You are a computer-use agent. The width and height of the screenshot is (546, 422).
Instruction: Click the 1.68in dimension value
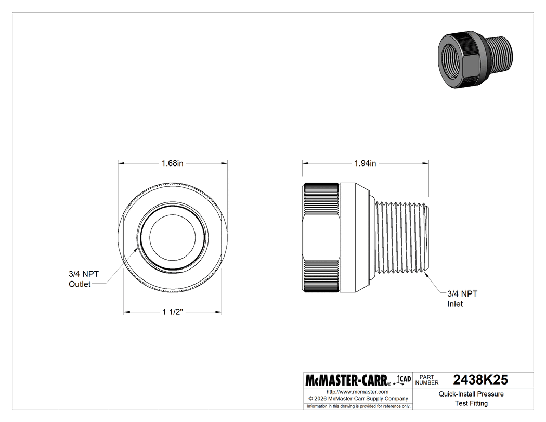pos(172,163)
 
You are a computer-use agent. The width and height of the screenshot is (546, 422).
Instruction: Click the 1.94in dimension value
pos(365,163)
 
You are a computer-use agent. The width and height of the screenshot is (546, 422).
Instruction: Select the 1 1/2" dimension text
pos(172,312)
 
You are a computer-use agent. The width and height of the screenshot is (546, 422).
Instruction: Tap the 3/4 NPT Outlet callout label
pos(83,279)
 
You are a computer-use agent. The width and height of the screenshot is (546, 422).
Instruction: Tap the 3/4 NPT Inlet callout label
pos(462,299)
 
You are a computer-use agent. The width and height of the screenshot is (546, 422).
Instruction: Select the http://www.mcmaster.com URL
pos(357,391)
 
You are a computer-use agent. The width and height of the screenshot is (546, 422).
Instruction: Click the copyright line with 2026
pos(357,398)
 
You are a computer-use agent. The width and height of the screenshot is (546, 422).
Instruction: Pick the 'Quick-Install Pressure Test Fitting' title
pos(471,399)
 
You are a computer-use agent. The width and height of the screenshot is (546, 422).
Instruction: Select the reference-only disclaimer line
pos(358,406)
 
